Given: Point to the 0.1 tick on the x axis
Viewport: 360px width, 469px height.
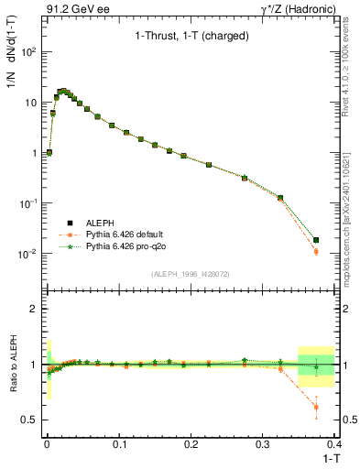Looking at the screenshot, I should click(x=118, y=443).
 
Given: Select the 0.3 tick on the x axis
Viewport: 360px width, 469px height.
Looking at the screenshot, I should click(x=263, y=443).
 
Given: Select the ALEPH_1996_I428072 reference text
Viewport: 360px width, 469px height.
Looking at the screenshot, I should click(x=190, y=274).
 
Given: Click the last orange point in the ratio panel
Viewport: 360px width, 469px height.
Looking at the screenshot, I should click(x=317, y=408).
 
